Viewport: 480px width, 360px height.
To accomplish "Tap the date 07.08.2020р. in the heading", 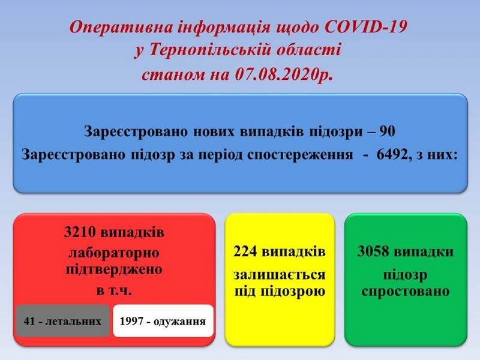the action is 284,74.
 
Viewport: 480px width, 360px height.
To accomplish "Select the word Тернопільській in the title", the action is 209,50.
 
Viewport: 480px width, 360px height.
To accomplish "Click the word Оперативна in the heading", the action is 121,28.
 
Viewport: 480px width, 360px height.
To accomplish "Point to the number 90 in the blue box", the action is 387,131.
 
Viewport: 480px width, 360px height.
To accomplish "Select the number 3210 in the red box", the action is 80,232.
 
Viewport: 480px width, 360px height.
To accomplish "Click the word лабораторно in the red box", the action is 114,253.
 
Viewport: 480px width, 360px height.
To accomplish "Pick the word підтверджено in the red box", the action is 114,270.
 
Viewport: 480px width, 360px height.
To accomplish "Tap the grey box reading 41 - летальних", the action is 62,321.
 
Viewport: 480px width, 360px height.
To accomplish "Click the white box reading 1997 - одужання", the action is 163,321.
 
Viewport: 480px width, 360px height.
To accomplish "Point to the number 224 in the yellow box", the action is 245,251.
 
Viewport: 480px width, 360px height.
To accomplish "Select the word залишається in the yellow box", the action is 279,275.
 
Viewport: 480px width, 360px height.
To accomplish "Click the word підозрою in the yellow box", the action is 293,292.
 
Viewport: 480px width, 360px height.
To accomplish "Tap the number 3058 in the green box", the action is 373,251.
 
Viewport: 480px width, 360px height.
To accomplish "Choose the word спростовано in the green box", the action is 406,292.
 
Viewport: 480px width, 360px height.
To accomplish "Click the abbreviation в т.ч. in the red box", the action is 114,290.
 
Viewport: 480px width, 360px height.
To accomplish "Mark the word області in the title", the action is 308,50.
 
